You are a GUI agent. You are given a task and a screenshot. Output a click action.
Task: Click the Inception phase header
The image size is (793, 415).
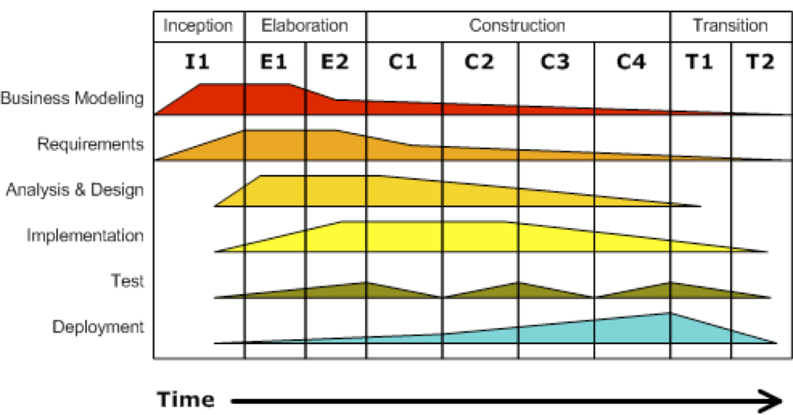198,26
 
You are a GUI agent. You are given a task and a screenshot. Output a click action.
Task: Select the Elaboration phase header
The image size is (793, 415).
305,26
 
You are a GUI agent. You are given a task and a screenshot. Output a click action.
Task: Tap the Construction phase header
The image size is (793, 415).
517,26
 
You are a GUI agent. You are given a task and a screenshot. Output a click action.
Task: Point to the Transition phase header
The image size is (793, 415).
730,26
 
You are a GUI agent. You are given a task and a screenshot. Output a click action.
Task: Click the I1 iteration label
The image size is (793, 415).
198,62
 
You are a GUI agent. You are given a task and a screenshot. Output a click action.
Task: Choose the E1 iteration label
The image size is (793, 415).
274,62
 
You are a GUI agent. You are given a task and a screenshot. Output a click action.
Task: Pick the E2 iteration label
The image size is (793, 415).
335,62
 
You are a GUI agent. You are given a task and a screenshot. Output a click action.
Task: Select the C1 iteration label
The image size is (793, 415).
403,62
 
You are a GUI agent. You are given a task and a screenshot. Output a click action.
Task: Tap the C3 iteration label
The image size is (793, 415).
555,62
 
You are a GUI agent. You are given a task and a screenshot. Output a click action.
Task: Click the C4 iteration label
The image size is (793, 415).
632,62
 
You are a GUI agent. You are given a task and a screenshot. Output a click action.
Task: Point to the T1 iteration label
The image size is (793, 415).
700,62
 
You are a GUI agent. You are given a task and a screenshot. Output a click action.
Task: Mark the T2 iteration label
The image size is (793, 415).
761,62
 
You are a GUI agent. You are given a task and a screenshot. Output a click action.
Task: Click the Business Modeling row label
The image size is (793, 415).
72,99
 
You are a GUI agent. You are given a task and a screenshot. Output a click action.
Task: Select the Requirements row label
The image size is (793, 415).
90,144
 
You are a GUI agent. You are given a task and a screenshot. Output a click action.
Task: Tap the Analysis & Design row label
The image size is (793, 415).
75,190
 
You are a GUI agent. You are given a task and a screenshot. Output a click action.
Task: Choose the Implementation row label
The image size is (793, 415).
85,236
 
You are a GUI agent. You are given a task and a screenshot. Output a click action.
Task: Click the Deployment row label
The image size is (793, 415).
98,327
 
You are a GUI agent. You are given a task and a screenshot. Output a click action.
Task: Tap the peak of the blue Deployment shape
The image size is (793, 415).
670,314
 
